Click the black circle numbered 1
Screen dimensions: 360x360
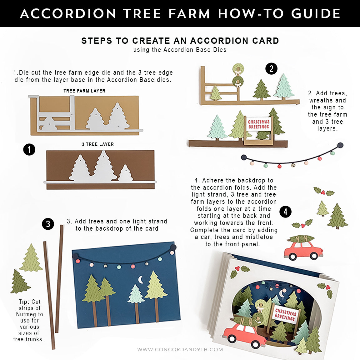click(29, 149)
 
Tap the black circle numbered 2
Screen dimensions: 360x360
click(271, 68)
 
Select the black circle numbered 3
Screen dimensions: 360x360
click(48, 224)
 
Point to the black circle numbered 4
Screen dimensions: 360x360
click(285, 212)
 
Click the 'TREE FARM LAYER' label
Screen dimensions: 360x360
click(84, 91)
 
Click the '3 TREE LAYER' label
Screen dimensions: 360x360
click(98, 144)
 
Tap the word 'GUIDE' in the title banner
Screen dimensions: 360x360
click(316, 14)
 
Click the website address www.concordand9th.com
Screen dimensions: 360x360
click(180, 350)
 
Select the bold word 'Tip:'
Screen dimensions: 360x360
click(24, 302)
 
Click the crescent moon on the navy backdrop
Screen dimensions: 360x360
click(141, 279)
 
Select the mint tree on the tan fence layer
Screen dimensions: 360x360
click(284, 86)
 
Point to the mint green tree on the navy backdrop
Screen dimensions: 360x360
click(136, 294)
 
